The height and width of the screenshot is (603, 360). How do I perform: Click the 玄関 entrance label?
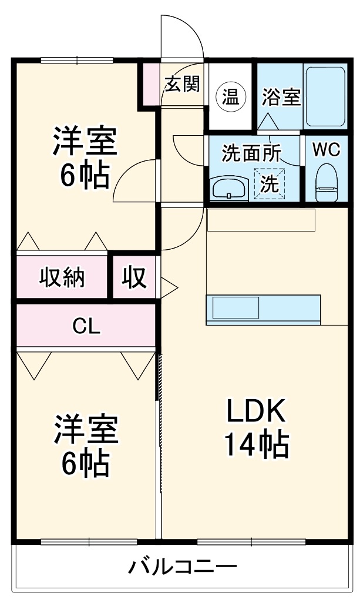click(182, 84)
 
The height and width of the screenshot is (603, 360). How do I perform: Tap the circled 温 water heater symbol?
click(230, 96)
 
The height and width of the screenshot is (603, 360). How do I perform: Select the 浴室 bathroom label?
click(281, 96)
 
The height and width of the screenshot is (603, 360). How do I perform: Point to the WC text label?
click(325, 149)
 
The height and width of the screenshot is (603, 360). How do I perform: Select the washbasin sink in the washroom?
click(228, 188)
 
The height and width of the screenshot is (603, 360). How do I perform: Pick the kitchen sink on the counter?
click(235, 308)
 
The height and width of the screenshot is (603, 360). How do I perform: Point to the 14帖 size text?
click(255, 445)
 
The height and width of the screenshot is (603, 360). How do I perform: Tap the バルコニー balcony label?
click(183, 567)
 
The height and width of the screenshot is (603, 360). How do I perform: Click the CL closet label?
click(86, 326)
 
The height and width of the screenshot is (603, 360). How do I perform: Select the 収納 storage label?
click(62, 277)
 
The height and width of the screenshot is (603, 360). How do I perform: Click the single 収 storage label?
click(134, 277)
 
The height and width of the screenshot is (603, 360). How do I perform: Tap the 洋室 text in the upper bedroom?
click(85, 142)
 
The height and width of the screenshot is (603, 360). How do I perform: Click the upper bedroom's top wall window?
click(76, 59)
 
